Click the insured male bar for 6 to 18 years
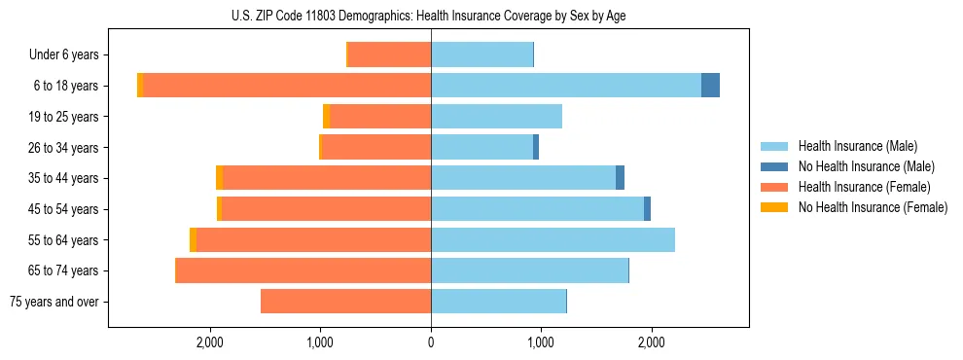[x=565, y=86]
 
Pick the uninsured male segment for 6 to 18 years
[x=710, y=86]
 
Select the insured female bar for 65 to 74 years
[x=303, y=270]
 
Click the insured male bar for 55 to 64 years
[x=553, y=239]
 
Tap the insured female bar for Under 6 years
[x=389, y=54]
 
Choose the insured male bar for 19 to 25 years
[x=496, y=117]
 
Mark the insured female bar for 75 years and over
[x=345, y=302]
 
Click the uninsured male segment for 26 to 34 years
[x=536, y=147]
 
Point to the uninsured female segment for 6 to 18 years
[x=140, y=86]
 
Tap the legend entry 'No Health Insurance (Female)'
[x=873, y=207]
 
